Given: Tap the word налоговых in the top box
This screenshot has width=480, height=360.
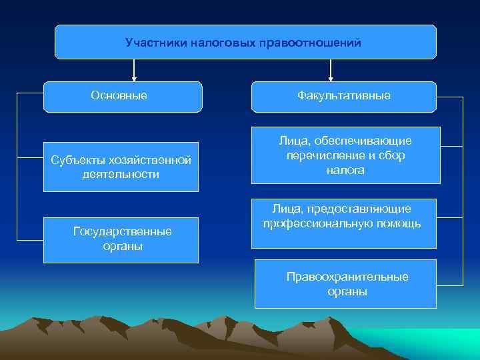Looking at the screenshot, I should click(x=225, y=43).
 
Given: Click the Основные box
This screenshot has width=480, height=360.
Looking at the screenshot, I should click(x=123, y=97).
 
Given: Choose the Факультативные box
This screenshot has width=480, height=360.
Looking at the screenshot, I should click(x=344, y=97).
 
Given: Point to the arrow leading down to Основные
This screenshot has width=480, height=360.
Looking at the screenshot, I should click(x=135, y=70).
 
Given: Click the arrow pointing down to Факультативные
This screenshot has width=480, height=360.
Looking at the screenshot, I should click(x=330, y=70).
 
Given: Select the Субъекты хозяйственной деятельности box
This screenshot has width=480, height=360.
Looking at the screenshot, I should click(x=121, y=167).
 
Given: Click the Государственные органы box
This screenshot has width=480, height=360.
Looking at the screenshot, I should click(x=121, y=239).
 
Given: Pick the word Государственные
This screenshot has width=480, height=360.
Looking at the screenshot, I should click(x=122, y=231).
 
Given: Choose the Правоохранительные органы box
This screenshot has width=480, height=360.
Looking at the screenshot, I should click(x=345, y=284).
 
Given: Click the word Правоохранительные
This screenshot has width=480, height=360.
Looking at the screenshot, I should click(x=347, y=277).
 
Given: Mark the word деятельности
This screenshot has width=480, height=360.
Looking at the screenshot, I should click(x=122, y=175).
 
